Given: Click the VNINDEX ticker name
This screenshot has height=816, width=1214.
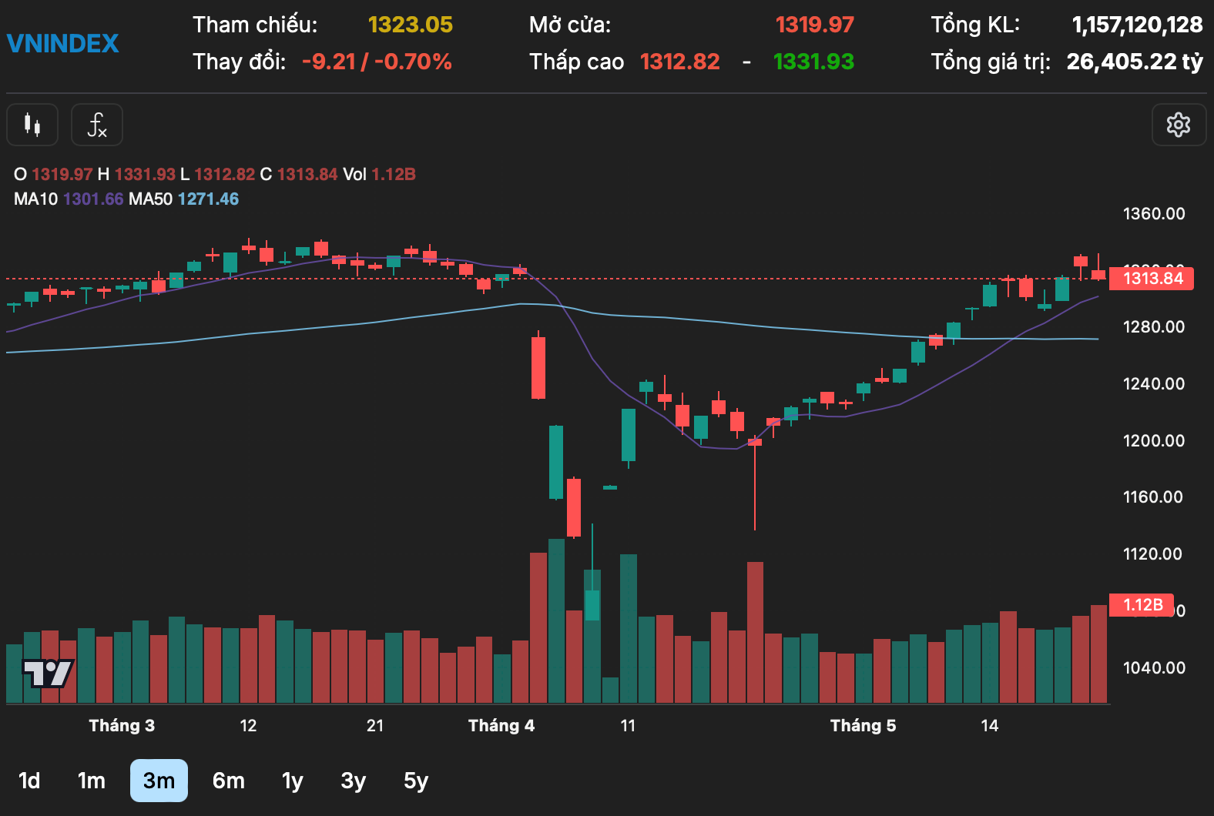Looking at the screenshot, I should [x=63, y=43].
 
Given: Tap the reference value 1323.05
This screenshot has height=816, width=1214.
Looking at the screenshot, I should [x=410, y=25].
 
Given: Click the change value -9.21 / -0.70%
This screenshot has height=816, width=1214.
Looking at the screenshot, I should [x=377, y=62].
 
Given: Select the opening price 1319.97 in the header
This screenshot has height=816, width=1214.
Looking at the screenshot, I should [x=814, y=25].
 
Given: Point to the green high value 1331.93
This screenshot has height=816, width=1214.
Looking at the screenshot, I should [x=813, y=62].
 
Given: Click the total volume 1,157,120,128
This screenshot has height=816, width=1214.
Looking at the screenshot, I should [x=1137, y=25].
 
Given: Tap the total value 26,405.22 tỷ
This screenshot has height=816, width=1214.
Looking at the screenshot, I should [x=1134, y=62].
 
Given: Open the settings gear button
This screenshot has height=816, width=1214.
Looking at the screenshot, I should [x=1178, y=125].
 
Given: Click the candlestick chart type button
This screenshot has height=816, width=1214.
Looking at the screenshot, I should [x=32, y=125].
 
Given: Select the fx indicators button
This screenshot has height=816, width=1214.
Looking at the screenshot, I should [x=97, y=125].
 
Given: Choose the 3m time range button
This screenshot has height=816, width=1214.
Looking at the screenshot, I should [x=159, y=781].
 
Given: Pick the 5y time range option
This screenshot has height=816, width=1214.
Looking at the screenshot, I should [x=415, y=781].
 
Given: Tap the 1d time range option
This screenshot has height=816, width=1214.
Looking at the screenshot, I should [x=29, y=781].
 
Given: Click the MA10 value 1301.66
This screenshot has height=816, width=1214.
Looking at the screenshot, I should [x=93, y=199].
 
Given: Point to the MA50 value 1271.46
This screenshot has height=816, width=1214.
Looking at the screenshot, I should [x=208, y=199].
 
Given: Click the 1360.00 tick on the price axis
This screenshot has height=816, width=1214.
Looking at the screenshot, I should [x=1153, y=214].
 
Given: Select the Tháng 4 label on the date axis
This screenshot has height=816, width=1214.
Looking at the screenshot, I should [x=501, y=725].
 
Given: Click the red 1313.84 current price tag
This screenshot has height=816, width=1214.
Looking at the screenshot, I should [x=1152, y=279].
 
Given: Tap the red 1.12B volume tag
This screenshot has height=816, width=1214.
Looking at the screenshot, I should [x=1142, y=605].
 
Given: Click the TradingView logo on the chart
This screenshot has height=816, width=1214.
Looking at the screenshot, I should [x=48, y=673].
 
